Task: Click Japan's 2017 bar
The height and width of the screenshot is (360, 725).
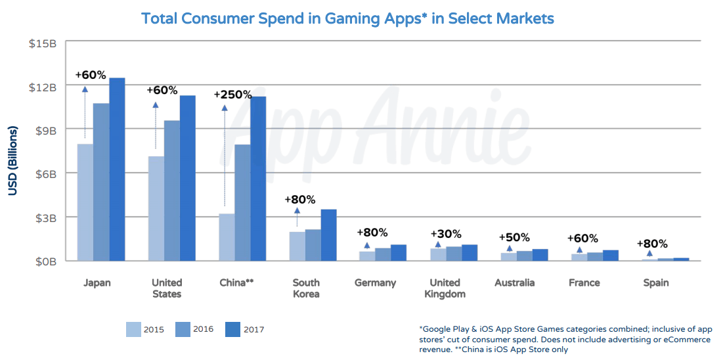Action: coord(117,169)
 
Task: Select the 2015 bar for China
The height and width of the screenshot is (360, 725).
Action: coord(227,237)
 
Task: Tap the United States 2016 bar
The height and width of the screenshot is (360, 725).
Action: coord(172,191)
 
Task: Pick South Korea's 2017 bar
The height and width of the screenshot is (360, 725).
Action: coord(328,235)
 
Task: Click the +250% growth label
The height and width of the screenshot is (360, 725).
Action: coord(232,95)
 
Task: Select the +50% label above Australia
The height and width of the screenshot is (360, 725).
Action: coord(515,237)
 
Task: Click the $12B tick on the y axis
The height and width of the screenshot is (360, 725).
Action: coord(43,86)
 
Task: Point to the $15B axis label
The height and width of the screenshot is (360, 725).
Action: coord(43,43)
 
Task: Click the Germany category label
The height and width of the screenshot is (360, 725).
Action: coord(375,282)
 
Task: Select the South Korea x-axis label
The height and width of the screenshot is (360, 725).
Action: coord(306,288)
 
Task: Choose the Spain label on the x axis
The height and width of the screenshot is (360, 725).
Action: coord(655,282)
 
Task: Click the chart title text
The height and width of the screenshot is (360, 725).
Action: coord(347,18)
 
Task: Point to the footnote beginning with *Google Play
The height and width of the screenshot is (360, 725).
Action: coord(564,339)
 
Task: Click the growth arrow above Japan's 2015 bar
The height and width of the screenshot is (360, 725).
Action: coord(85,112)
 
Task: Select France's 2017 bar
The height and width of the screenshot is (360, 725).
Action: coord(611,255)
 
